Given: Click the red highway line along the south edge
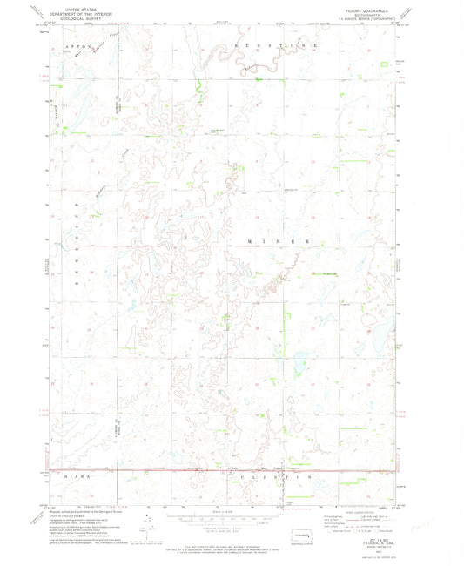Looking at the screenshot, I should [218, 471].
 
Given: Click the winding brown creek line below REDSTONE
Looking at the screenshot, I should [252, 57].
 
